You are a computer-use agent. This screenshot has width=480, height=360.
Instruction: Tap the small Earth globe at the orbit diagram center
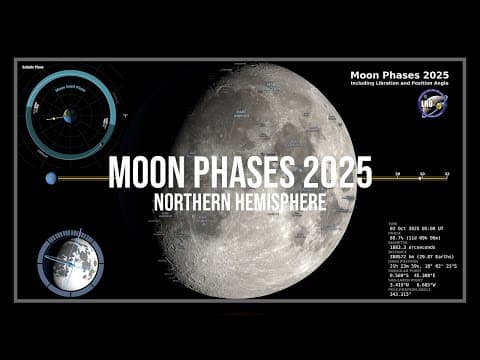70,116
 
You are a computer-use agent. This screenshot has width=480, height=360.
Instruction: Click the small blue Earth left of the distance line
49,178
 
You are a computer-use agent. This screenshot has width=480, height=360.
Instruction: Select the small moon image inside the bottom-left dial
77,263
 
